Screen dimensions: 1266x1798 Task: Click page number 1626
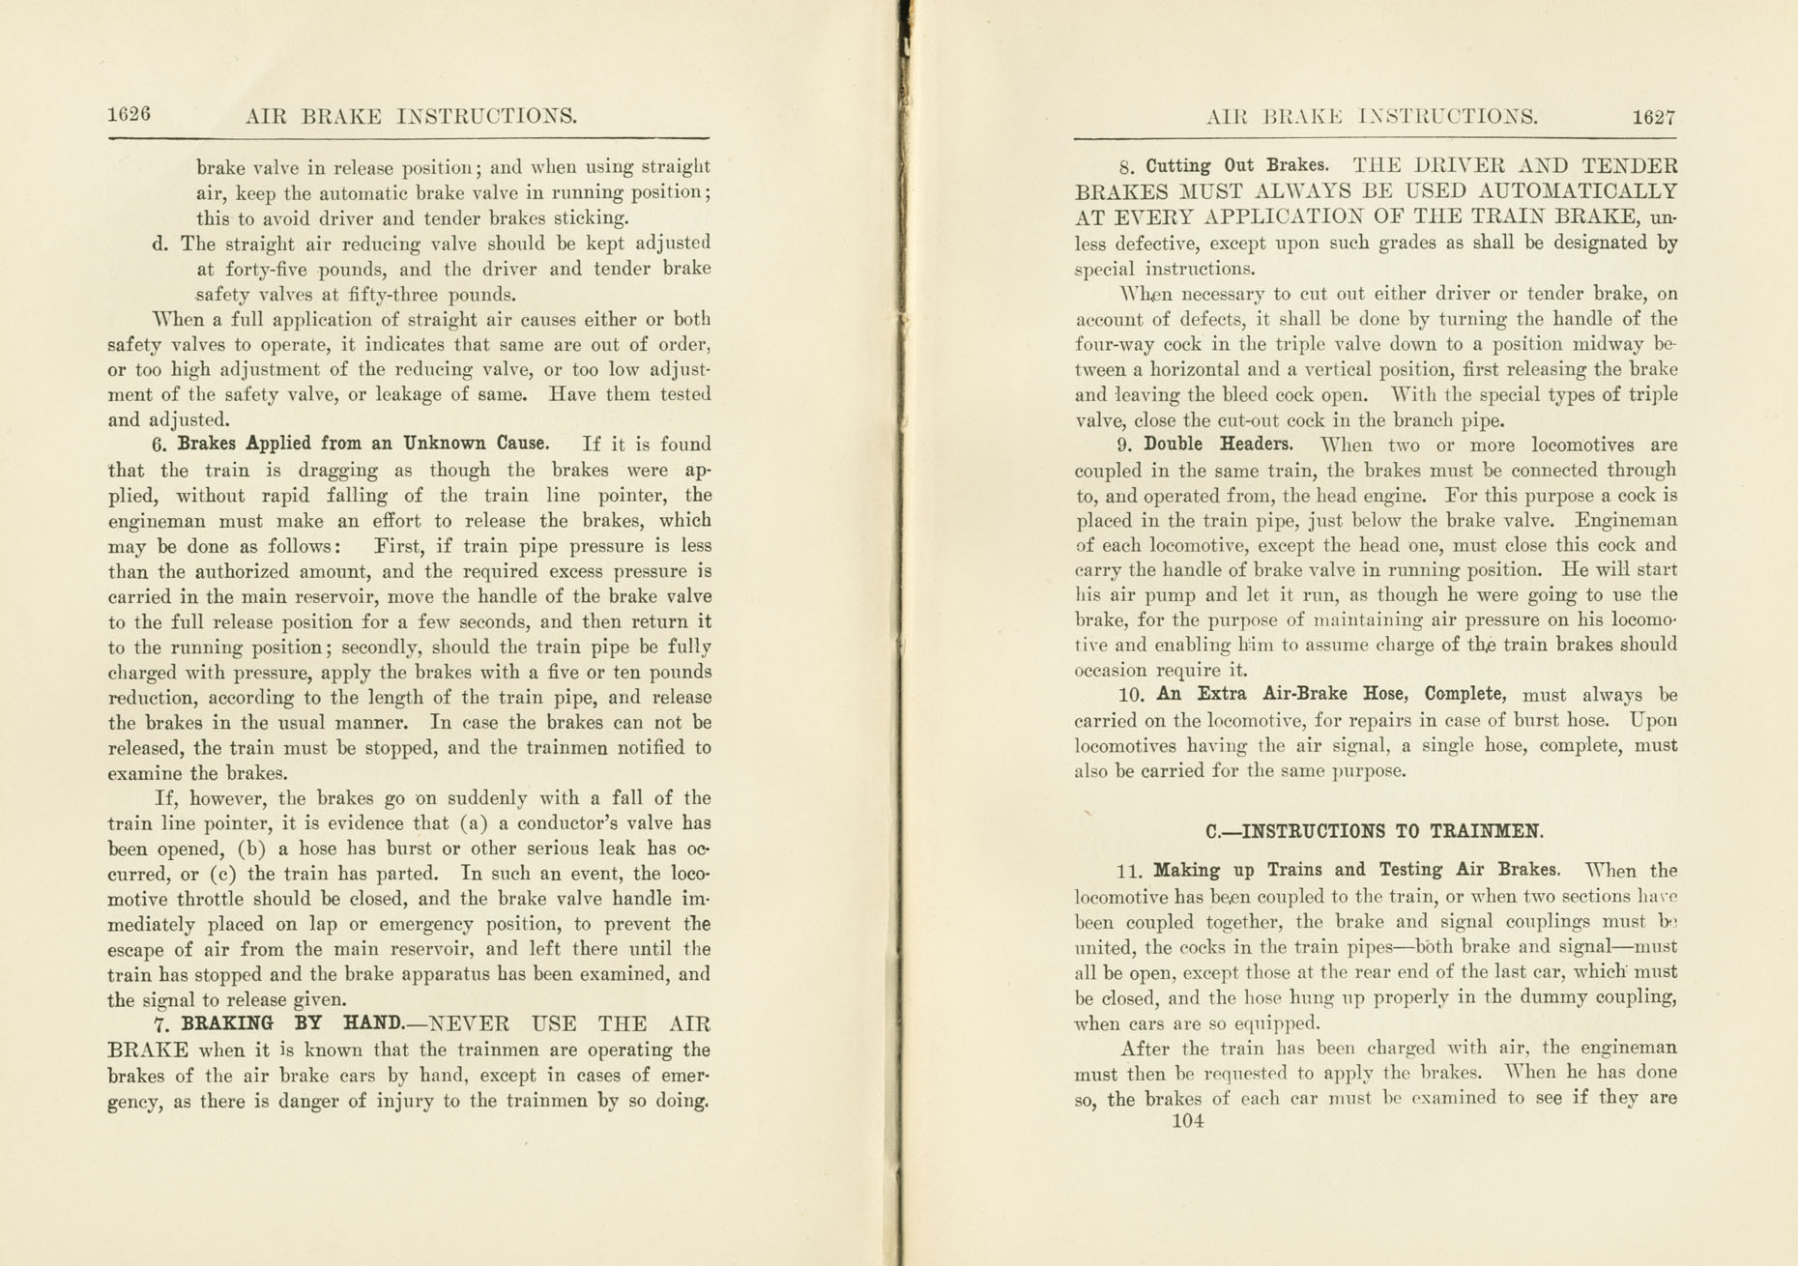(129, 114)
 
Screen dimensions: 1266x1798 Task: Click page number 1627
(1653, 117)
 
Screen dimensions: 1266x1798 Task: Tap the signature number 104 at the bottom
(1187, 1121)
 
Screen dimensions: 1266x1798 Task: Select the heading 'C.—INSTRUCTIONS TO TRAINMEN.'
(1375, 831)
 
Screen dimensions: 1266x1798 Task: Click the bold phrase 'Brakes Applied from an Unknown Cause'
(363, 444)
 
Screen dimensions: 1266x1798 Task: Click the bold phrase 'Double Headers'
(1218, 445)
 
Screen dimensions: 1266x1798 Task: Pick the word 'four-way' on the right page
(1114, 345)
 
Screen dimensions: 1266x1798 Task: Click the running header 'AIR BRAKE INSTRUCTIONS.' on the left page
(411, 117)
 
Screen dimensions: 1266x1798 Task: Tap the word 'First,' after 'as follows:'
(404, 546)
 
